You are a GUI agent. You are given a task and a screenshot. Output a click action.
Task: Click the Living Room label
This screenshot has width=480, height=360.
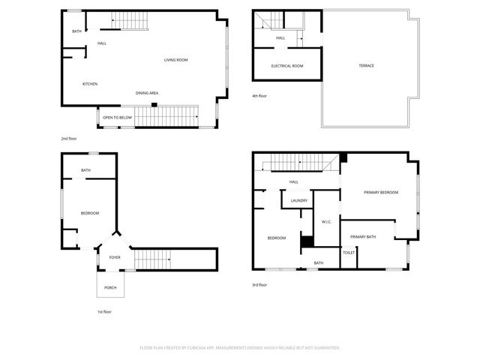[x=175, y=59]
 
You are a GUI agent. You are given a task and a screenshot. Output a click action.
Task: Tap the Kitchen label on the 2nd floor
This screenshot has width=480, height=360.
[x=90, y=83]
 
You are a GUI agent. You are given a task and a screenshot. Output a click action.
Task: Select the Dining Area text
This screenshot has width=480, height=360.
[x=147, y=93]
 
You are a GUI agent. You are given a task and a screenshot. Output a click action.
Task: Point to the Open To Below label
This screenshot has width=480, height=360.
[x=118, y=118]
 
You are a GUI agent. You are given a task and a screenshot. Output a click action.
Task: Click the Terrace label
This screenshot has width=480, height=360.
[x=366, y=65]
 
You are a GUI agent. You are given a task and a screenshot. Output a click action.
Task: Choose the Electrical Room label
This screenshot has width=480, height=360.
[x=287, y=65]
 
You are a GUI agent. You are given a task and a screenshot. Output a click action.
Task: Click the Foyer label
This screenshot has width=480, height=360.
[x=115, y=256]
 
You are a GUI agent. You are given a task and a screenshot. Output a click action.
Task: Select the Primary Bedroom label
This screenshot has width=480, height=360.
[x=381, y=193]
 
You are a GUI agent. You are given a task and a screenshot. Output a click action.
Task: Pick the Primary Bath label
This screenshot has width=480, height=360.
[x=363, y=237]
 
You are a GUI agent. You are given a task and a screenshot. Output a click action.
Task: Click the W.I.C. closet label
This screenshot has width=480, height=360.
[x=326, y=221]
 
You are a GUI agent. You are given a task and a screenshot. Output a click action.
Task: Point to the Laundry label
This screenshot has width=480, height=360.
[x=299, y=200]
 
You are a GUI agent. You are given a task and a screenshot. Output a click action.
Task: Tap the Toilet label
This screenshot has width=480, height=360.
[x=349, y=252]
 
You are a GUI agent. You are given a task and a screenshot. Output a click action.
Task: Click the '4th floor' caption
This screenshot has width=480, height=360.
[x=259, y=96]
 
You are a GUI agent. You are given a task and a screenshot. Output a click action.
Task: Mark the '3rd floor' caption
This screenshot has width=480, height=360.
[x=259, y=285]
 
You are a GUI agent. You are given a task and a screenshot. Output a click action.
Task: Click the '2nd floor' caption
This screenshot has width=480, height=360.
[x=69, y=138]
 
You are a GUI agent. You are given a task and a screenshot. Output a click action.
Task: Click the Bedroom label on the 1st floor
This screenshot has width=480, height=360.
[x=90, y=213]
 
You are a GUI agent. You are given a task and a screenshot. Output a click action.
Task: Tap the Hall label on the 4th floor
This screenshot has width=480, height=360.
[x=280, y=37]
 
